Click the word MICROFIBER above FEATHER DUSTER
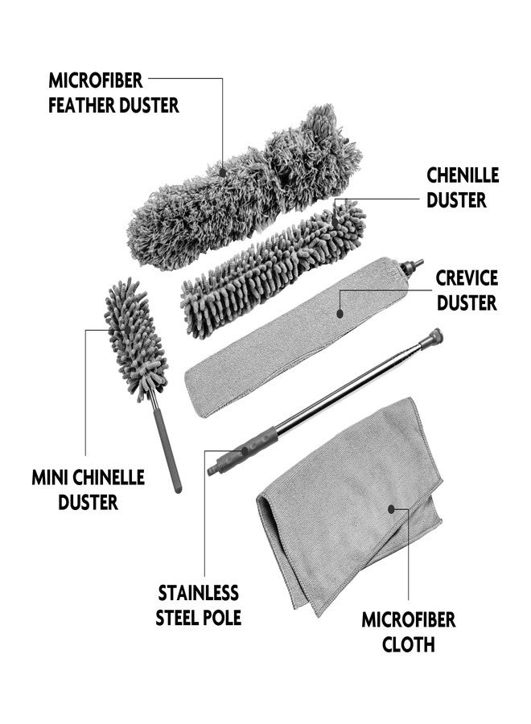click(96, 80)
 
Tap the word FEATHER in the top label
click(79, 105)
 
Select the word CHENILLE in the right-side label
click(463, 175)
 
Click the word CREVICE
click(467, 278)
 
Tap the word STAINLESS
click(198, 594)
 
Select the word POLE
click(220, 618)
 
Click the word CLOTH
click(409, 644)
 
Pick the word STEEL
click(175, 618)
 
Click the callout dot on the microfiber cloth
click(391, 509)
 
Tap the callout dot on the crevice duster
click(340, 314)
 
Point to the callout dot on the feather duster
click(223, 173)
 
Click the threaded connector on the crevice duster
click(412, 267)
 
